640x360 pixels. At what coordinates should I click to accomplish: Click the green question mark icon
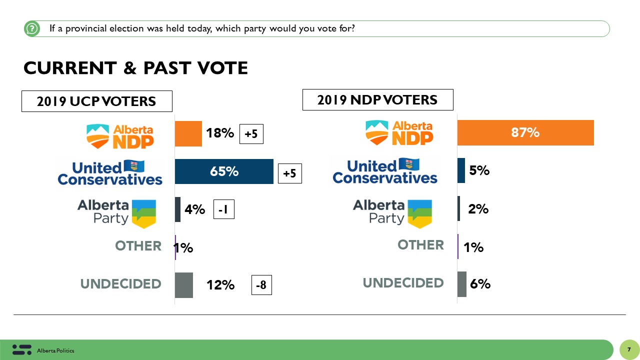click(x=31, y=29)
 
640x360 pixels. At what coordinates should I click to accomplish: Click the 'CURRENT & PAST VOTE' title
click(x=135, y=68)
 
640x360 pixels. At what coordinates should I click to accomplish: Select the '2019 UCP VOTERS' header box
click(x=96, y=101)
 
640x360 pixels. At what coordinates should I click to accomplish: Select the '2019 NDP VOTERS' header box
click(x=377, y=100)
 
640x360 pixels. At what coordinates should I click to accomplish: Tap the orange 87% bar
click(x=525, y=132)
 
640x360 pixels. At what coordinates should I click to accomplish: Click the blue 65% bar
click(x=224, y=171)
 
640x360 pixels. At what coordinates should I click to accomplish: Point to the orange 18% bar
click(x=188, y=133)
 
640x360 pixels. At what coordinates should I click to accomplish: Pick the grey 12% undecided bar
click(x=183, y=285)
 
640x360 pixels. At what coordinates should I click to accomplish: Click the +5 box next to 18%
click(x=251, y=134)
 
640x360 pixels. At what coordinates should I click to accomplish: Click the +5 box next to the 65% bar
click(x=289, y=173)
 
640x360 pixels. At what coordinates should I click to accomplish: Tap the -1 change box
click(x=223, y=210)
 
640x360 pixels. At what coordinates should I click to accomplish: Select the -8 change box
click(x=261, y=285)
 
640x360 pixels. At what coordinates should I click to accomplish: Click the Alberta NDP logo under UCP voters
click(x=120, y=135)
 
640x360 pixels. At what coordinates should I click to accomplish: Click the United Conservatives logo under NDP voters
click(x=384, y=171)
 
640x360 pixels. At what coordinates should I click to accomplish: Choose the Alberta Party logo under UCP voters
click(x=116, y=213)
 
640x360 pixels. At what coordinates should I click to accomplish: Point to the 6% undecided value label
click(x=479, y=284)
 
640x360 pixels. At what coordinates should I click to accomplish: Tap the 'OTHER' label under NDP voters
click(x=420, y=245)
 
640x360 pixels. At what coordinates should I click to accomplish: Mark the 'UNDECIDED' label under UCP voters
click(x=120, y=284)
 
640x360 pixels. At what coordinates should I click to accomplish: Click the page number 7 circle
click(x=629, y=349)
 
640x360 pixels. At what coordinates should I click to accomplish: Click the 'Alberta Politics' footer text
click(x=55, y=351)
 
